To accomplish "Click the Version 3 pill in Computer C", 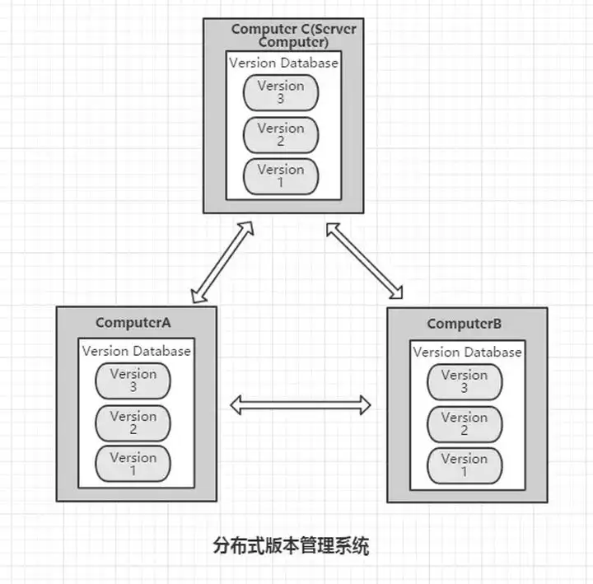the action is coord(281,93).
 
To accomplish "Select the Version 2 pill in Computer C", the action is coord(281,135).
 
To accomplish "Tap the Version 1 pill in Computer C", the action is coord(281,176).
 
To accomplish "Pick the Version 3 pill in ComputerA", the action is coord(133,381).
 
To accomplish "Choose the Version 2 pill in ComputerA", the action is coord(133,423).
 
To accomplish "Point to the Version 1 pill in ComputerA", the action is coord(133,464).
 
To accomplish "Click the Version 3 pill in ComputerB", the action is coord(465,382).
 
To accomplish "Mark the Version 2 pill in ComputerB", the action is coord(465,424).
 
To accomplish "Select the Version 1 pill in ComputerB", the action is coord(465,465).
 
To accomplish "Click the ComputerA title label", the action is coord(133,323).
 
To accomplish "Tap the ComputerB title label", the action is coord(465,324).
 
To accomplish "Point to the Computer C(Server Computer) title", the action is coord(293,35).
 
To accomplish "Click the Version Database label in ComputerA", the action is coord(137,351).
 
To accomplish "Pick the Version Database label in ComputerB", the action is coord(468,353).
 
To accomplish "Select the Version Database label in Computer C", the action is coord(283,63).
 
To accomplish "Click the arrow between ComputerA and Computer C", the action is coord(222,262).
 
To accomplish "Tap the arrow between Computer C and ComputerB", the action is coord(365,261).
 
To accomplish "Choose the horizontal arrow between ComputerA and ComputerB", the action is coord(301,405).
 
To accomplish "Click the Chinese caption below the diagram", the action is coord(291,546).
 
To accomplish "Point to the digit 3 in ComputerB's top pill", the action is coord(465,388).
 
